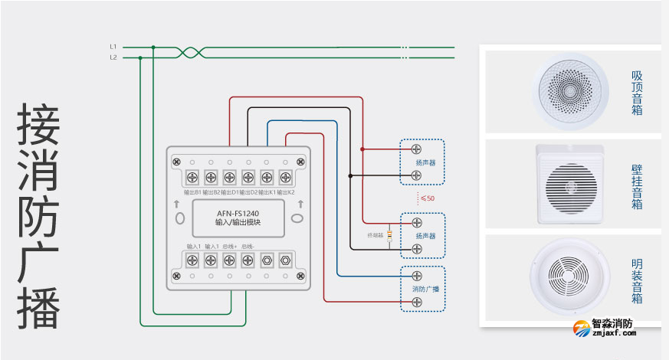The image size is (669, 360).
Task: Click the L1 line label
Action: point(113,47)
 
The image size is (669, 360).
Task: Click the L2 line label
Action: point(113,57)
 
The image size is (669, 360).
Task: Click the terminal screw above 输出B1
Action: point(192,178)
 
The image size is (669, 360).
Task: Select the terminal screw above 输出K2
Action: point(285,178)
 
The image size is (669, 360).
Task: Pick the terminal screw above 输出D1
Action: point(229,178)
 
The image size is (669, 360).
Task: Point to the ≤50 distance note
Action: point(428,198)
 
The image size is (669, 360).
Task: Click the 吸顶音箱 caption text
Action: point(637,93)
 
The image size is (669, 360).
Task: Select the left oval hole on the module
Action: point(179,218)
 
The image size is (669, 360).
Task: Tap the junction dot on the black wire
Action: point(350,175)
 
